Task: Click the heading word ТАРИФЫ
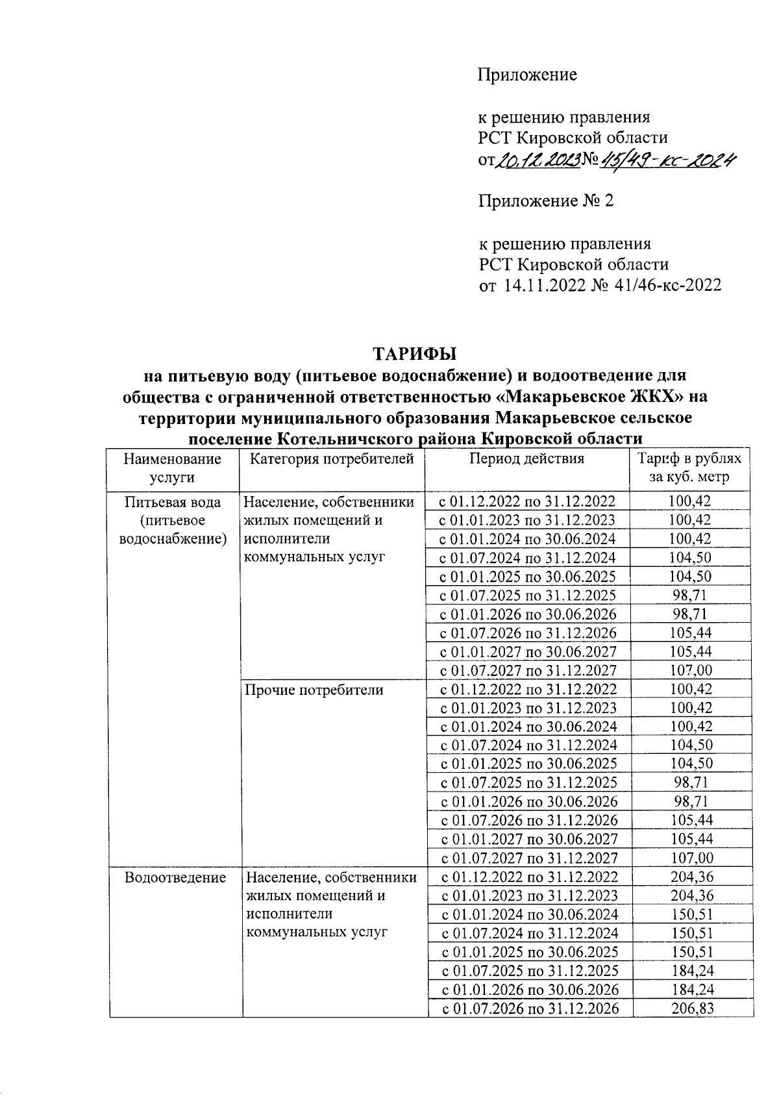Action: coord(414,355)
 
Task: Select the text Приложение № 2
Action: coord(545,201)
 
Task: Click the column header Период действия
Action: coord(526,459)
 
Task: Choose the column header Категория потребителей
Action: coord(332,459)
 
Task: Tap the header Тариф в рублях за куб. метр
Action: coord(689,468)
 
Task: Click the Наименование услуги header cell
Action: coord(172,468)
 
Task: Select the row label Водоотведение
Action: coord(175,878)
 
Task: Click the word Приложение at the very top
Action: coord(527,75)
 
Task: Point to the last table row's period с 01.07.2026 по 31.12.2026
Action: coord(530,1008)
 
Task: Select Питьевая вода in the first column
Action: coord(173,503)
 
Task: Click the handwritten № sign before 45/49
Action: coord(590,160)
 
